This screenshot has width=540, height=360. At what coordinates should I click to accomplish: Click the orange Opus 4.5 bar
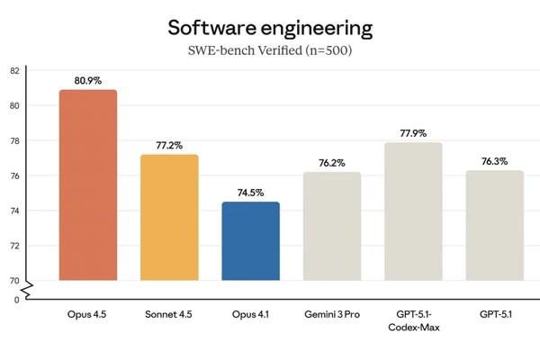pos(87,184)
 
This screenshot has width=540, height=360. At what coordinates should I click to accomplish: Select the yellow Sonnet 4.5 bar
pos(169,217)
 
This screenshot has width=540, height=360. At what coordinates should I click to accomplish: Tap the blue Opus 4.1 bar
pos(250,240)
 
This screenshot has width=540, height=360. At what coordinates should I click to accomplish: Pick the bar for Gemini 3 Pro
pos(331,226)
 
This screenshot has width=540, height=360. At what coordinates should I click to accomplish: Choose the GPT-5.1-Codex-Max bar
pos(412,211)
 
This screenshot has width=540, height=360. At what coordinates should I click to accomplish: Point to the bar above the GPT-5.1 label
pos(494,225)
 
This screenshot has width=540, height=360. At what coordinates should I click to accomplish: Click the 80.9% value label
pos(87,81)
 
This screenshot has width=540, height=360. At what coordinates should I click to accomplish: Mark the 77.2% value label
pos(169,146)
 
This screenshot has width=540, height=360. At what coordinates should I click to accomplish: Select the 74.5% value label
pos(250,193)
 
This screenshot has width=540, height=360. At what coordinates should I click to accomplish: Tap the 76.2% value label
pos(331,163)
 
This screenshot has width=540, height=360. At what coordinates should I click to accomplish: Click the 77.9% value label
pos(412,133)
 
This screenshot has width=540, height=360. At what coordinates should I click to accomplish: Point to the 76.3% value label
pos(494,161)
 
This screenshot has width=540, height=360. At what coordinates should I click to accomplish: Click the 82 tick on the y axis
pos(14,70)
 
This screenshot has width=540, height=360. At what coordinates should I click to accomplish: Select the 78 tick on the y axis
pos(14,140)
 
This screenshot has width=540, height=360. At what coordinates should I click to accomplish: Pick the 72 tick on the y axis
pos(14,246)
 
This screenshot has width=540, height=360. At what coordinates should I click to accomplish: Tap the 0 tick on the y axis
pos(16,300)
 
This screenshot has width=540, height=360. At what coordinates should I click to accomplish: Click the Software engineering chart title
pos(270,28)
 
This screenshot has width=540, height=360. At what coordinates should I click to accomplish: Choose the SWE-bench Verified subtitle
pos(270,51)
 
